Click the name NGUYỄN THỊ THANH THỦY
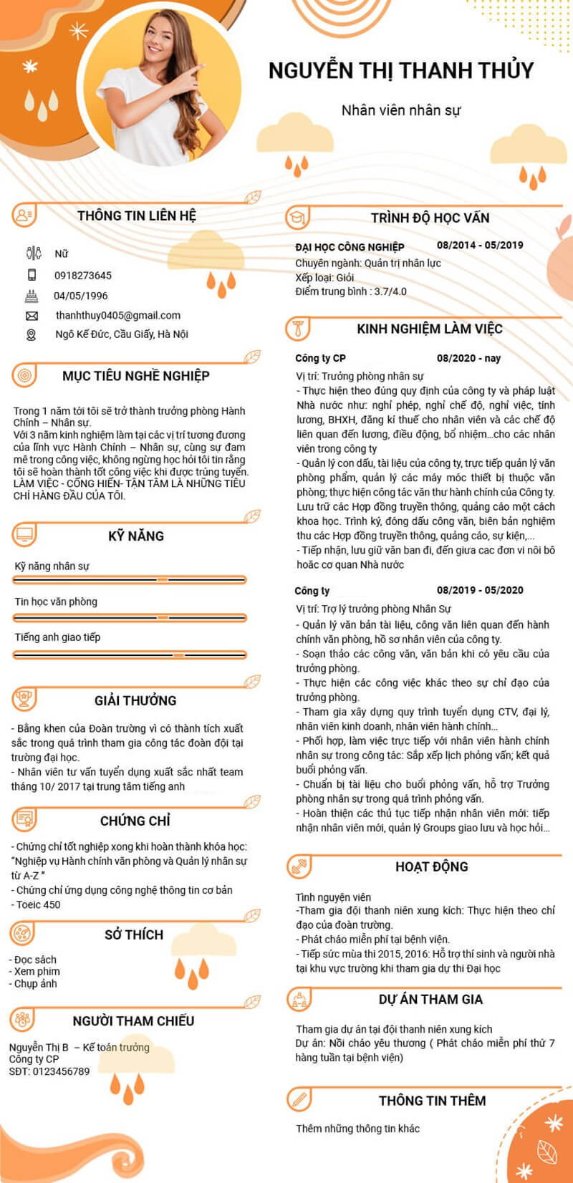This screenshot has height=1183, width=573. click(x=401, y=70)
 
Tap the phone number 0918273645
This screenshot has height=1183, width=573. click(x=83, y=276)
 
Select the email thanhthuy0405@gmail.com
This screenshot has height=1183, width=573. click(x=118, y=315)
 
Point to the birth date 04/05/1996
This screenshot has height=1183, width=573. click(x=81, y=296)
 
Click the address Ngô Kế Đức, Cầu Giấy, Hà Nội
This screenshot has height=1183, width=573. click(x=122, y=334)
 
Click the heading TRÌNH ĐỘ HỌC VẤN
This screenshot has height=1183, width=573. click(x=430, y=218)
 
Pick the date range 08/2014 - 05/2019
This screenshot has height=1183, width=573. click(x=480, y=245)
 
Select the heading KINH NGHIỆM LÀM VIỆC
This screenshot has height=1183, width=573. click(x=430, y=329)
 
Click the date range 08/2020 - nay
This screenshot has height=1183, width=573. click(x=468, y=358)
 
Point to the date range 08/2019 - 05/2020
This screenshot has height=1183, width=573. click(x=480, y=590)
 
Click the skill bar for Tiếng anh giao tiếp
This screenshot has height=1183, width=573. click(x=130, y=655)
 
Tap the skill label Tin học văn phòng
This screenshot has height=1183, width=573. click(x=56, y=602)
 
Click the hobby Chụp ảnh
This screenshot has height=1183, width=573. click(x=36, y=984)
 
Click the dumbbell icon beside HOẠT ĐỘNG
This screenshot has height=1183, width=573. click(x=299, y=867)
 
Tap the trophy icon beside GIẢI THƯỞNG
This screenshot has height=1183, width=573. click(x=24, y=699)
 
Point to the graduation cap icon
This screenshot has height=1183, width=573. click(x=297, y=218)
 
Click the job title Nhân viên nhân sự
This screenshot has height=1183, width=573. click(x=401, y=110)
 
